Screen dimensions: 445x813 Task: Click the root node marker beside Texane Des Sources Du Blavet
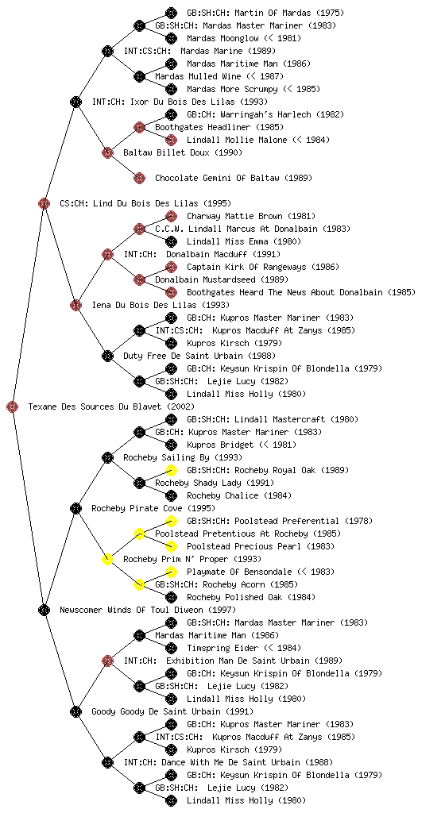pos(13,406)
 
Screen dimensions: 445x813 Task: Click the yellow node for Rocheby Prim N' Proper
pos(107,559)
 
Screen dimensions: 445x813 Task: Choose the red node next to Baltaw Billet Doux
pos(107,152)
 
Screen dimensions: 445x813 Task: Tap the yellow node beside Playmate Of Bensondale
pos(171,572)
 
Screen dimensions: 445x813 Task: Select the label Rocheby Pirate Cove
pos(137,508)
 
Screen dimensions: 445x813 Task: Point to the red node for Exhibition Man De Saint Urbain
pos(107,661)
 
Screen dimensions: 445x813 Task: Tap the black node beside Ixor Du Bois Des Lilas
pos(75,102)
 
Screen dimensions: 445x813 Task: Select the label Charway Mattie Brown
pos(234,216)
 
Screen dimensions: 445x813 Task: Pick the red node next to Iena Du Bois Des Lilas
pos(75,305)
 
